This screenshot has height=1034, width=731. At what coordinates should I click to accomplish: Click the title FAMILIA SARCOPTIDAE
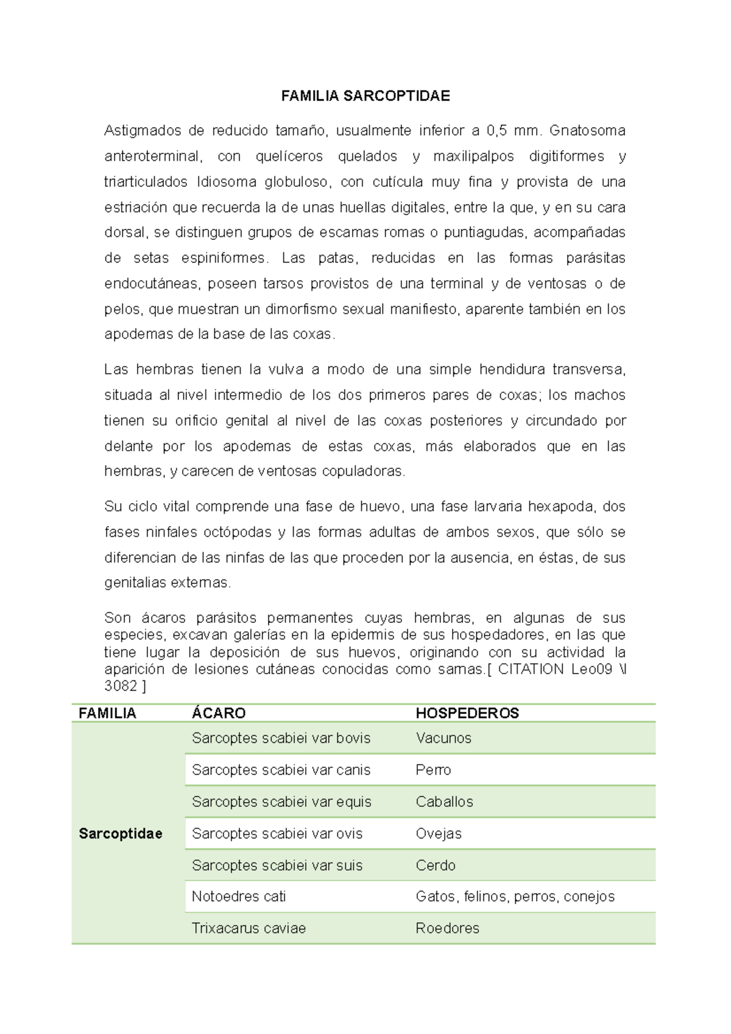point(365,96)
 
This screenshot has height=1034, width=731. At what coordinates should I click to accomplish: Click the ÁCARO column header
point(218,713)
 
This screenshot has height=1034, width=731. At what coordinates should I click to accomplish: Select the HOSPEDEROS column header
point(467,713)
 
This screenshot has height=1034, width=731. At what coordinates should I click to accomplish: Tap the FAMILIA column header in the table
point(107,713)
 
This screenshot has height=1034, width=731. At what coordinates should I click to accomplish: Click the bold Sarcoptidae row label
point(121,834)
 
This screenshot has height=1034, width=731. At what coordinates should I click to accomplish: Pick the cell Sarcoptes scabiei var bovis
point(281,738)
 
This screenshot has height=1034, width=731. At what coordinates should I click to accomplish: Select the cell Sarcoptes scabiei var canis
point(281,770)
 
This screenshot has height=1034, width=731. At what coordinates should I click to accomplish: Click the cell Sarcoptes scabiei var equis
point(281,802)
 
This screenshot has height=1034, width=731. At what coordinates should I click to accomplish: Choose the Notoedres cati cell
point(239,896)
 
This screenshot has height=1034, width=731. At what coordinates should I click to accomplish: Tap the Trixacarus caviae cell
point(249,928)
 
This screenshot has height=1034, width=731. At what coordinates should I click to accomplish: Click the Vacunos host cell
point(443,738)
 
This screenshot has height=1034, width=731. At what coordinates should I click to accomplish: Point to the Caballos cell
point(444,802)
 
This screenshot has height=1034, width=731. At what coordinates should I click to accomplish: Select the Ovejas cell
point(439,834)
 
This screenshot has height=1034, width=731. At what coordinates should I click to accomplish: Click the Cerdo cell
point(436,865)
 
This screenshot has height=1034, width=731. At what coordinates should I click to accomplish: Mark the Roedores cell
point(447,928)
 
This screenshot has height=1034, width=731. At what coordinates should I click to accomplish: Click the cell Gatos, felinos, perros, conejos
point(515,896)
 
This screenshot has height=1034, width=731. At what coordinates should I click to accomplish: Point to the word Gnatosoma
point(587,131)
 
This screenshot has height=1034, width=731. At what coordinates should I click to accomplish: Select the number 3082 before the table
point(121,686)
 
